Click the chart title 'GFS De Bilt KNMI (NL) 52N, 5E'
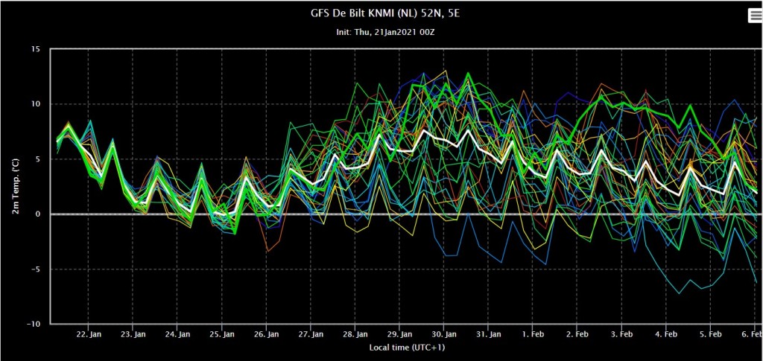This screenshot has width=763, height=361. pyautogui.click(x=385, y=13)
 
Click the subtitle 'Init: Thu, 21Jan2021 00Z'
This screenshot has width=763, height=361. pyautogui.click(x=385, y=32)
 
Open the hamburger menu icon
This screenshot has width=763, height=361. pyautogui.click(x=755, y=16)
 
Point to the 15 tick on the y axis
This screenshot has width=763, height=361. pyautogui.click(x=39, y=49)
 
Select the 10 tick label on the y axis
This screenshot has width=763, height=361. pyautogui.click(x=39, y=104)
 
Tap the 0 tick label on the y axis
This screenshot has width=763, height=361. pyautogui.click(x=41, y=214)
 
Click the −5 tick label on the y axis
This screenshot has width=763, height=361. pyautogui.click(x=39, y=269)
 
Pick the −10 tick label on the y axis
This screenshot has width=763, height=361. pyautogui.click(x=37, y=324)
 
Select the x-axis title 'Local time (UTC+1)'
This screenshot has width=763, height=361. pyautogui.click(x=407, y=348)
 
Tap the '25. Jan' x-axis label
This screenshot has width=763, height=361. pyautogui.click(x=222, y=335)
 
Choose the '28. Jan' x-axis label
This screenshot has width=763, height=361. pyautogui.click(x=355, y=335)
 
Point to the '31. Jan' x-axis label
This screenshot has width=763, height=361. pyautogui.click(x=489, y=335)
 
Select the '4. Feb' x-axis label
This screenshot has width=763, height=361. pyautogui.click(x=666, y=335)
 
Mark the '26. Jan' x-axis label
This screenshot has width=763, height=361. pyautogui.click(x=266, y=335)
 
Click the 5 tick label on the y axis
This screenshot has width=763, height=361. pyautogui.click(x=41, y=159)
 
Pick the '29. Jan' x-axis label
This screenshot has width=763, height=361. pyautogui.click(x=399, y=335)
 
